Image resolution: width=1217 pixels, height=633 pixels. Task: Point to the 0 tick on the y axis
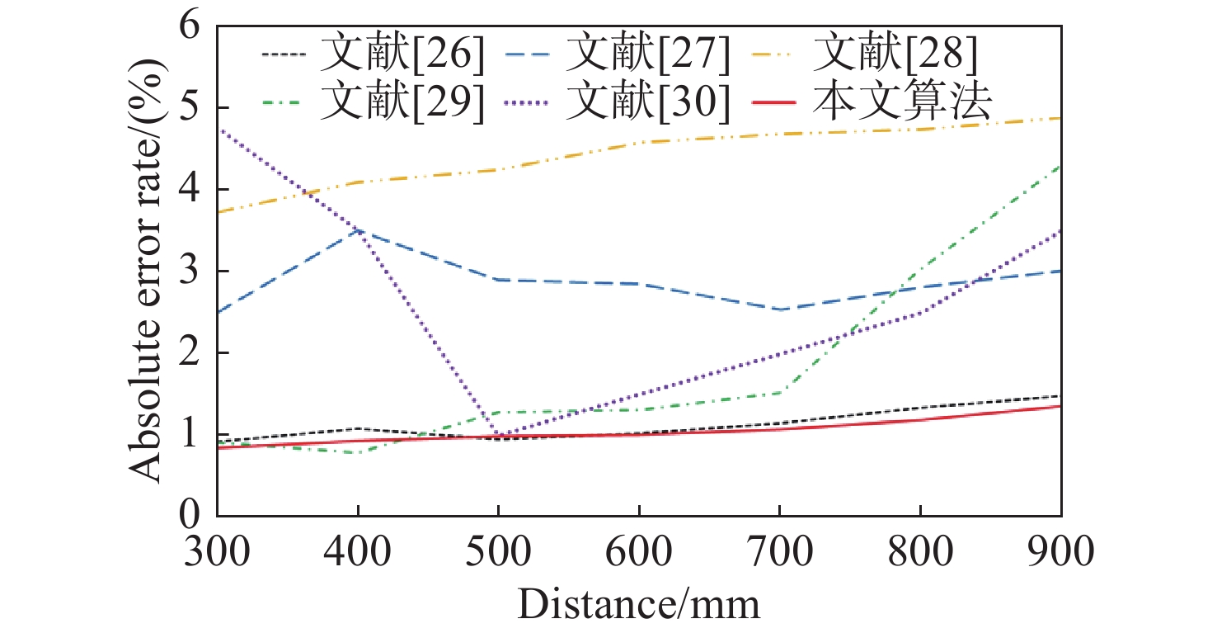tap(190, 516)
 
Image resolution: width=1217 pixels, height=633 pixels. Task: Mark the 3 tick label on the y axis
tap(190, 272)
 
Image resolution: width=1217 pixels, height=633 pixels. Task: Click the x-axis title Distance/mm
tap(638, 605)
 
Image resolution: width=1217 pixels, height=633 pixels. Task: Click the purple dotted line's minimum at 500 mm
tap(498, 436)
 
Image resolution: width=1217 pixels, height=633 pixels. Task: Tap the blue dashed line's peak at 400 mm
tap(358, 230)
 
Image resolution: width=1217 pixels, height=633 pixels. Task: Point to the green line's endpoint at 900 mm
tap(1060, 166)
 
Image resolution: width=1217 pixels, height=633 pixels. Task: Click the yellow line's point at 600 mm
tap(639, 142)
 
